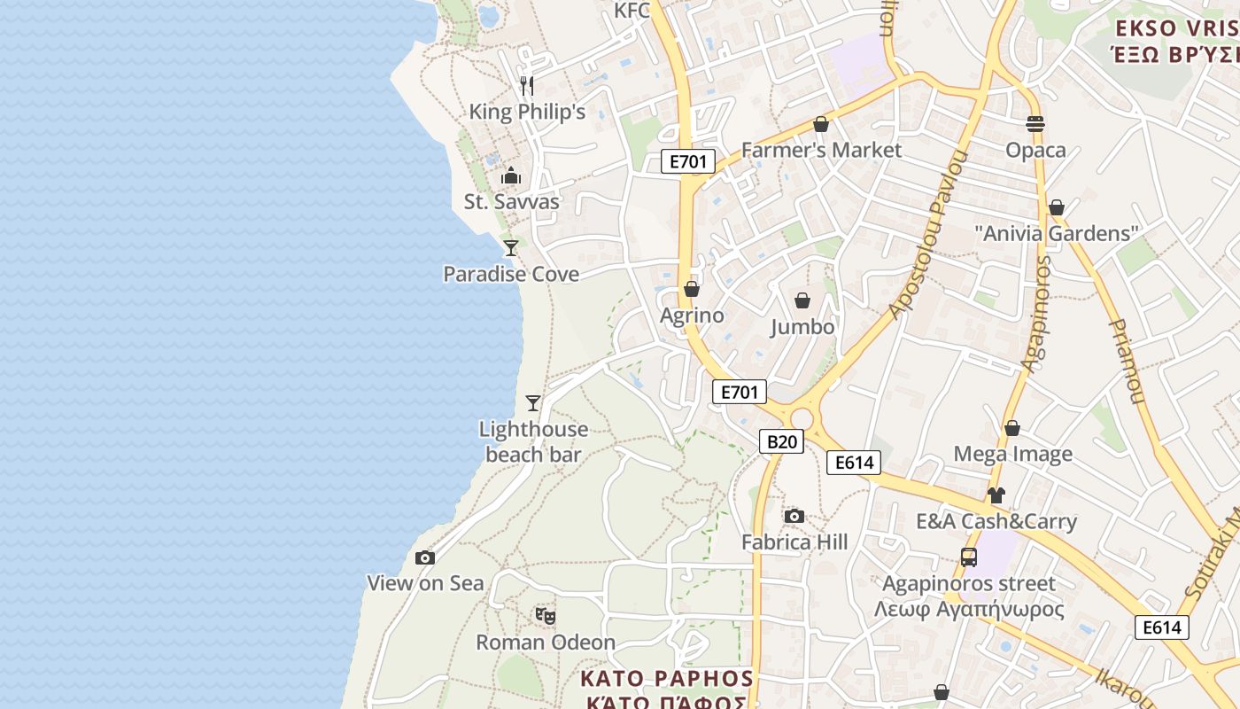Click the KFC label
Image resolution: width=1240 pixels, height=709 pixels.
(x=632, y=10)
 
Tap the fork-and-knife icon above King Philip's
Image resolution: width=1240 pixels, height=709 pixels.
(x=527, y=85)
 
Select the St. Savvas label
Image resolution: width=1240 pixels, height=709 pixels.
(x=512, y=202)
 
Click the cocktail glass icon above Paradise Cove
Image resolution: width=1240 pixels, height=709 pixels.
(x=511, y=247)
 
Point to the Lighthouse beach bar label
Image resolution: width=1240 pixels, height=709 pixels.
(x=533, y=441)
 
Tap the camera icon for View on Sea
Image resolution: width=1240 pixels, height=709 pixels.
(x=425, y=557)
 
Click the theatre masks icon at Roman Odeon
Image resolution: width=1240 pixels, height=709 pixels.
(x=545, y=615)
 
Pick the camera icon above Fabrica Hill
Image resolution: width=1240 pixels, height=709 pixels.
(x=794, y=516)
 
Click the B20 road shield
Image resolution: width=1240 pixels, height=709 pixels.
(x=781, y=441)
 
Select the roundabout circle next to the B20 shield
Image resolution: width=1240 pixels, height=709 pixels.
(x=802, y=419)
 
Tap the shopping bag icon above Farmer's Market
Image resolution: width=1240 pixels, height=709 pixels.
(x=821, y=124)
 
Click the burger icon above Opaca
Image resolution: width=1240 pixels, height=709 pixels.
(x=1035, y=123)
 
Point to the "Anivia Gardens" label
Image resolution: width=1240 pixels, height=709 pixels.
(x=1056, y=234)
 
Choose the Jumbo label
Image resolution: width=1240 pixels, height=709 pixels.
(x=802, y=327)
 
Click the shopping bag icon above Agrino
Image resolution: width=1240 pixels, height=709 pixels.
(x=692, y=289)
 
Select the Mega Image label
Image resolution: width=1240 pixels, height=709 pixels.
(x=1012, y=454)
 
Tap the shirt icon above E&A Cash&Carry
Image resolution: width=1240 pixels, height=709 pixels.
(x=996, y=495)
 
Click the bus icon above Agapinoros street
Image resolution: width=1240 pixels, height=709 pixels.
(x=969, y=557)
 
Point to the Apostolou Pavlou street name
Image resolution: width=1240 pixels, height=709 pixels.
(x=929, y=236)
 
